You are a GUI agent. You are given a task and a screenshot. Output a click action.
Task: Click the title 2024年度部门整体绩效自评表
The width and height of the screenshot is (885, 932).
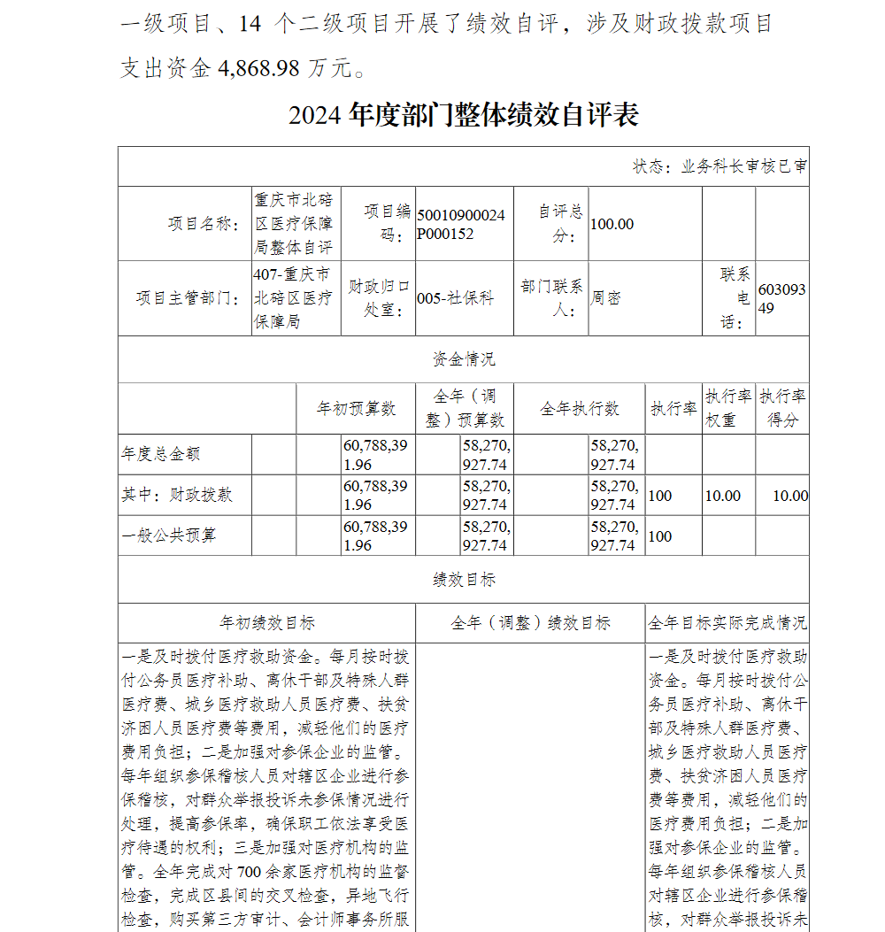[463, 115]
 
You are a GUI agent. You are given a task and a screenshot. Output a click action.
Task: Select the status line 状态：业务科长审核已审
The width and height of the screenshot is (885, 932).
[719, 166]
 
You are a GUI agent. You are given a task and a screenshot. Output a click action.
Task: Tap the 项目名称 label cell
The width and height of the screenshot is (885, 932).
[203, 224]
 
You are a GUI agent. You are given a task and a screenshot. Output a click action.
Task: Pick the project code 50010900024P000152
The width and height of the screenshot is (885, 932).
[461, 225]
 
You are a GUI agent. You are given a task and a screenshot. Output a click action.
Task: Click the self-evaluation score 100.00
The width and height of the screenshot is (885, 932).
[612, 224]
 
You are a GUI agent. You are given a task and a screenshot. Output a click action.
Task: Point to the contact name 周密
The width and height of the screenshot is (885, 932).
[606, 298]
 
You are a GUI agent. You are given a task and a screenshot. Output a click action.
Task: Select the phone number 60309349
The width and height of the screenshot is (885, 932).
[781, 298]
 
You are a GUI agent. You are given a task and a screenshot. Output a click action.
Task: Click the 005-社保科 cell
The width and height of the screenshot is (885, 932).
[455, 298]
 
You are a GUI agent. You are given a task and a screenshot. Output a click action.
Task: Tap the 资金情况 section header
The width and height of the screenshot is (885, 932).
[464, 359]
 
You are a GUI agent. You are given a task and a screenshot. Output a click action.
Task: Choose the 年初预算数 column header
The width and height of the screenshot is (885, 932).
[357, 408]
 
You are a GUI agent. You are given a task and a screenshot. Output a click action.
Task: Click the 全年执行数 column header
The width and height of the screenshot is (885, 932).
[580, 408]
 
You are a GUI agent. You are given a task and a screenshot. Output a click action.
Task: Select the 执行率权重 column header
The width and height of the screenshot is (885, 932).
[728, 408]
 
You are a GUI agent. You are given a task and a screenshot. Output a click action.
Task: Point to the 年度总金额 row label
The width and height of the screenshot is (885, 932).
[161, 454]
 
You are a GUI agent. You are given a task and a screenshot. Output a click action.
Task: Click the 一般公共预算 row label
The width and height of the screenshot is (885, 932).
[169, 535]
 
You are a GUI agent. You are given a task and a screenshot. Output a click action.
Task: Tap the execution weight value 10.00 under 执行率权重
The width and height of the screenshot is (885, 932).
[722, 496]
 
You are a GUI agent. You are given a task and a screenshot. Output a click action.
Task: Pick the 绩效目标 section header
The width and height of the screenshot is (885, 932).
[464, 580]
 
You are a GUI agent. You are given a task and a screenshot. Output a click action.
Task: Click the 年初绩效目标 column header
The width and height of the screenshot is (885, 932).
[267, 623]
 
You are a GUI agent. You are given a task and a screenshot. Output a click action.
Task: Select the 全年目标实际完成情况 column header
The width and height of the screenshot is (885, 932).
[727, 623]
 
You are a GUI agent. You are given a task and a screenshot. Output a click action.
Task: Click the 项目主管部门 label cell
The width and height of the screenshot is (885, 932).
[187, 298]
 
